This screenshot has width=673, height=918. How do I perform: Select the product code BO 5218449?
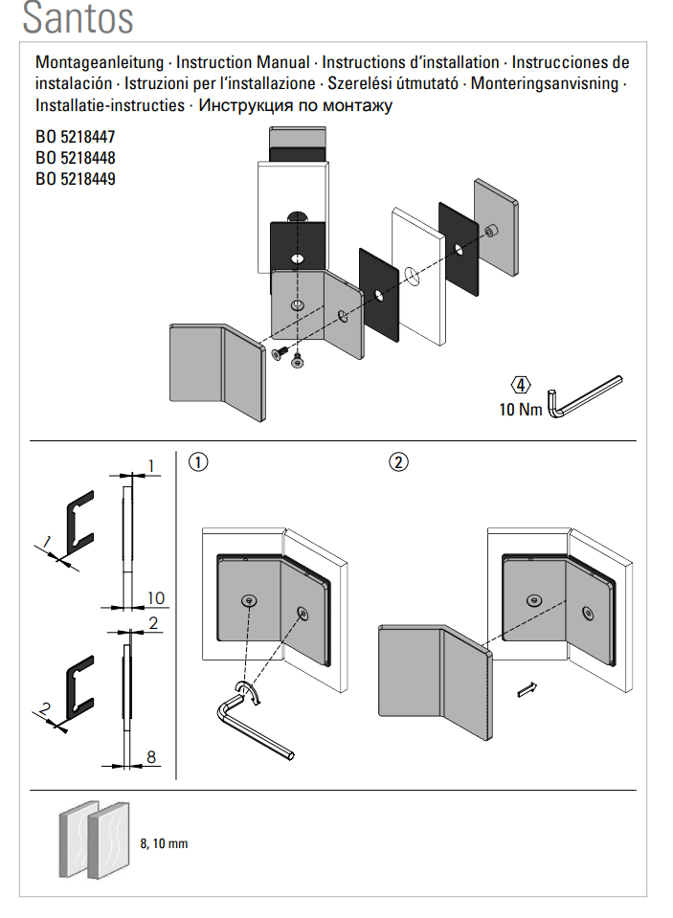76,178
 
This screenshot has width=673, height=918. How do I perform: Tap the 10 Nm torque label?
520,410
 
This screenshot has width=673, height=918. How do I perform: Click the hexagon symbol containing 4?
521,386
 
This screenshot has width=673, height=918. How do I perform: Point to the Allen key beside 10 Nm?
582,395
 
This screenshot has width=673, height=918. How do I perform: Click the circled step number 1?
198,461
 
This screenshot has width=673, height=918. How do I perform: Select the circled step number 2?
399,461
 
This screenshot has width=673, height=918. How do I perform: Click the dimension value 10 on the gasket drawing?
155,598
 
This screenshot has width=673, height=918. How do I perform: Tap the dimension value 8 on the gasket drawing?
151,757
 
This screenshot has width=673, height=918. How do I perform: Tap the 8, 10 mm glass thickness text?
164,843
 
